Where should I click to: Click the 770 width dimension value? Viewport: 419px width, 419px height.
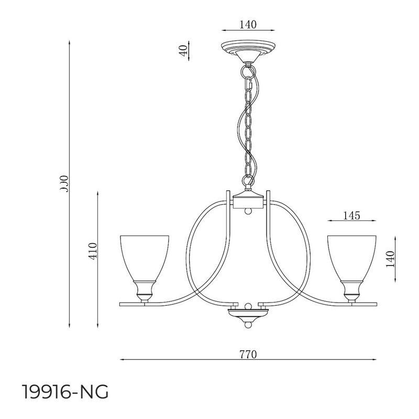[248, 354]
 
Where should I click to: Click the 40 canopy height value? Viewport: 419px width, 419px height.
[183, 51]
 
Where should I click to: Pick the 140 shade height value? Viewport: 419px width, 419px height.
[389, 259]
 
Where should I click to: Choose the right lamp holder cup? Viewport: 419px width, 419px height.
[352, 290]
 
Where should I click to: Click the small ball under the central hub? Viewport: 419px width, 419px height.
[249, 211]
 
